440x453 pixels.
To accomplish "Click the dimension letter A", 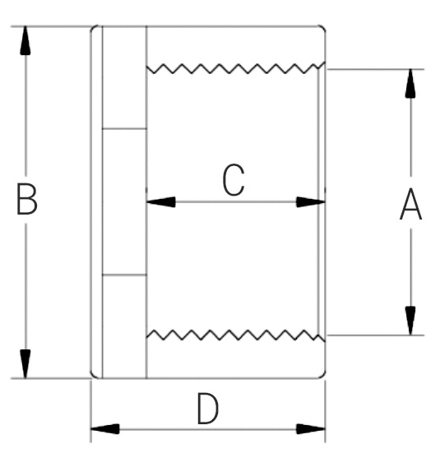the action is tap(410, 205).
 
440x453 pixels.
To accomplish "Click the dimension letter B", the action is tap(27, 199).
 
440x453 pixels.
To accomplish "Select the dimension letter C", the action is tap(234, 180).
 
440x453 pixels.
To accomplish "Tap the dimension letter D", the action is tap(207, 409).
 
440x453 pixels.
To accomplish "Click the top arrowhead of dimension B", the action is tap(25, 40).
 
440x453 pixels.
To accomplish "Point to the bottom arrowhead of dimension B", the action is tap(25, 363).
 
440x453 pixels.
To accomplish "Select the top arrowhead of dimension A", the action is tap(410, 83).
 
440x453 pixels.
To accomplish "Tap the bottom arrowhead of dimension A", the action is tap(410, 321).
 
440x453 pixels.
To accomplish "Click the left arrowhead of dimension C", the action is tap(161, 202).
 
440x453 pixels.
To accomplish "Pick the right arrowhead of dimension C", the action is tap(311, 202).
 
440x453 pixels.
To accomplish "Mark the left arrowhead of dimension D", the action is tap(105, 429).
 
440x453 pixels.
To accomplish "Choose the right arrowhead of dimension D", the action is tap(311, 429).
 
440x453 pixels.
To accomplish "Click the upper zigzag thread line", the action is tap(235, 68).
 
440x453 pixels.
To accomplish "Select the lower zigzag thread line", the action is tap(235, 335).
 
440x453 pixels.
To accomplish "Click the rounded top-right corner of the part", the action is tap(323, 28).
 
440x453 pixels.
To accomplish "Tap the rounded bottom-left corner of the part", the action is tap(94, 376).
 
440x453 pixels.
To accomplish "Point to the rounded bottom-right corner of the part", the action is tap(323, 376).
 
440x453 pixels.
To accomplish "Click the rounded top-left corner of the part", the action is tap(94, 28).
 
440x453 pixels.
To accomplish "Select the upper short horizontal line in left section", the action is tap(124, 128).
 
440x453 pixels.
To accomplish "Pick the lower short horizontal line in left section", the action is tap(124, 275).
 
